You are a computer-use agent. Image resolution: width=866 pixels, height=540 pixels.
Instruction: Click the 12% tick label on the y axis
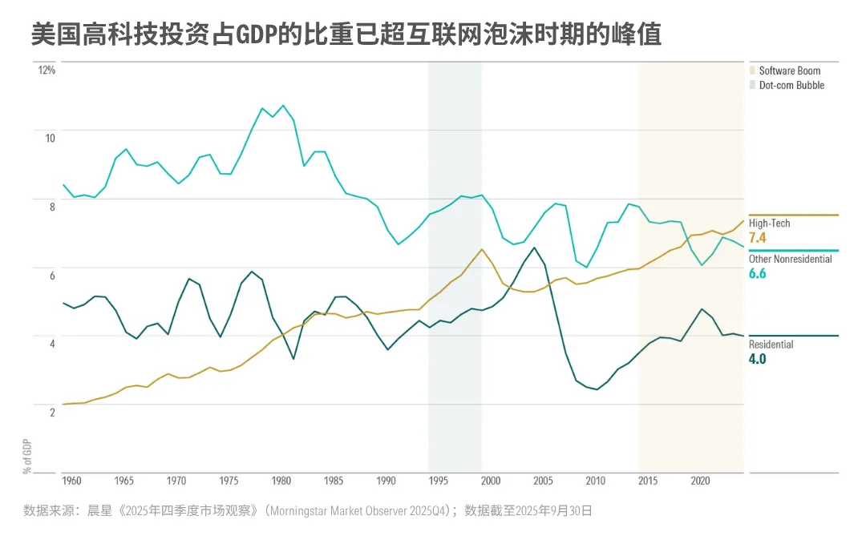pyautogui.click(x=47, y=71)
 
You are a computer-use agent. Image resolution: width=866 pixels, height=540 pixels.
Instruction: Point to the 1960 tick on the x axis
pyautogui.click(x=72, y=481)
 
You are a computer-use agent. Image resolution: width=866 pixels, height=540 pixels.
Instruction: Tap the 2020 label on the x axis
pyautogui.click(x=701, y=481)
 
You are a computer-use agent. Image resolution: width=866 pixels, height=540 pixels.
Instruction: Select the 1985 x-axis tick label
pyautogui.click(x=334, y=481)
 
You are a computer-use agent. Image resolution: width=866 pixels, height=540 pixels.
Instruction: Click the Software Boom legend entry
pyautogui.click(x=789, y=71)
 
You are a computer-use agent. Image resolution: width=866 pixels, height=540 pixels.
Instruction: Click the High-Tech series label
pyautogui.click(x=769, y=224)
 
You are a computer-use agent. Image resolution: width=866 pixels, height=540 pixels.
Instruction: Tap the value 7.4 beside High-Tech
pyautogui.click(x=758, y=238)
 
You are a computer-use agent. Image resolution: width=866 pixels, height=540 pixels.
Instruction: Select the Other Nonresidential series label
pyautogui.click(x=790, y=259)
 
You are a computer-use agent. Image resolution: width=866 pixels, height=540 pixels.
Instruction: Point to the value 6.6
pyautogui.click(x=758, y=273)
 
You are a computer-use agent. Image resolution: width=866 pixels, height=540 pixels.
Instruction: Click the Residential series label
pyautogui.click(x=771, y=345)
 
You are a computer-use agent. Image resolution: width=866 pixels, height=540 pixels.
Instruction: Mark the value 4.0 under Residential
pyautogui.click(x=758, y=359)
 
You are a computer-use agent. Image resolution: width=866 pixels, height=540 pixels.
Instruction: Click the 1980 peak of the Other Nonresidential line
pyautogui.click(x=283, y=105)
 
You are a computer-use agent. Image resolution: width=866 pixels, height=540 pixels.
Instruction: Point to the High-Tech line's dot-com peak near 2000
pyautogui.click(x=482, y=249)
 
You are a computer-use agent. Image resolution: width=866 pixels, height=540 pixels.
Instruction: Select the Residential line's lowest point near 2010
pyautogui.click(x=597, y=389)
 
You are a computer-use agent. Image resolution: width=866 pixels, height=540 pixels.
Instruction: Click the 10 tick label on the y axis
pyautogui.click(x=50, y=138)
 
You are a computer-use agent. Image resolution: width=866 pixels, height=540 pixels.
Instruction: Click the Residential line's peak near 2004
pyautogui.click(x=534, y=247)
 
